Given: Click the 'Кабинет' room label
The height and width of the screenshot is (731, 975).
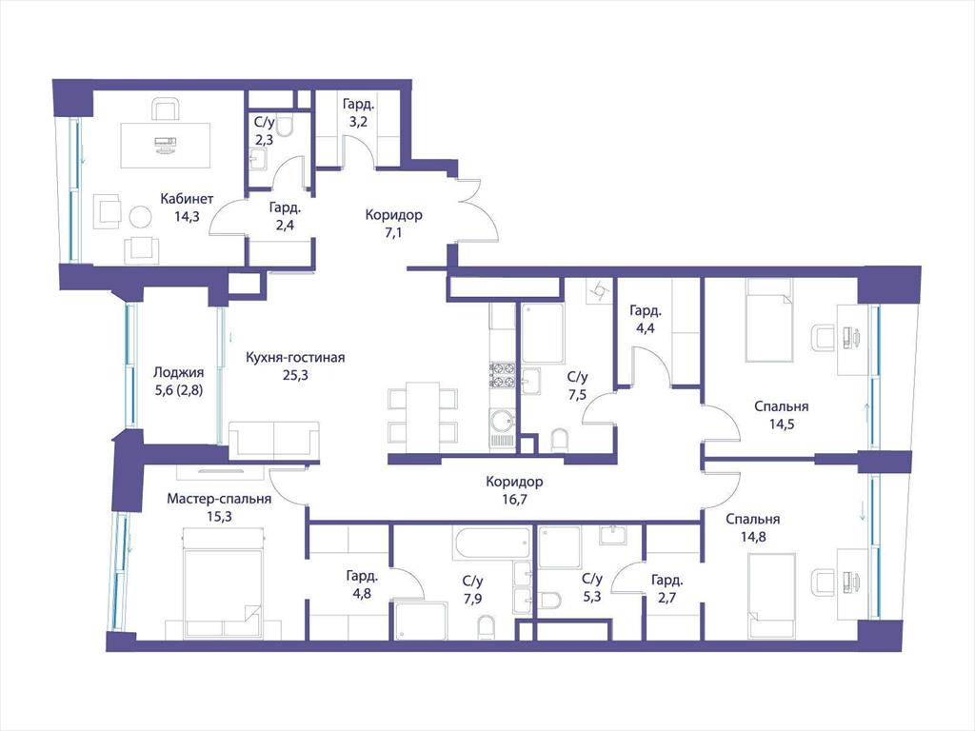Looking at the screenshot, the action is tap(187, 199).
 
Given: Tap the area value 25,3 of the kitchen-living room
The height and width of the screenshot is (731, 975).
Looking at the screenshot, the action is tap(295, 375).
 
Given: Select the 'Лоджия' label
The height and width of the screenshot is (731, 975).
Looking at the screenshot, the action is tap(178, 373).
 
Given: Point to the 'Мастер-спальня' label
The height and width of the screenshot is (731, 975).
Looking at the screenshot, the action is tap(219, 499).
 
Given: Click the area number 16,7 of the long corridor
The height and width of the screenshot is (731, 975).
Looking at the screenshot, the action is tap(514, 499).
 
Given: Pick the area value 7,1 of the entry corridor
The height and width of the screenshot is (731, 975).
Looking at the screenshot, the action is tap(393, 232).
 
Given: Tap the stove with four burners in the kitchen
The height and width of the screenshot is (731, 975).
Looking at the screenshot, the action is tap(501, 375).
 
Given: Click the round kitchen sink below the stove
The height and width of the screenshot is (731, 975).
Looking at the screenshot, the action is tap(501, 421).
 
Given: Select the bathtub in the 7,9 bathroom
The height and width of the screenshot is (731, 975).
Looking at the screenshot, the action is tap(492, 543).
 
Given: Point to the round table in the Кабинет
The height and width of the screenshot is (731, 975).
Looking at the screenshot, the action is tap(140, 218).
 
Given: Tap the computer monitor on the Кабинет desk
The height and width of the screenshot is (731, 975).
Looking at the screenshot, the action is tap(165, 142).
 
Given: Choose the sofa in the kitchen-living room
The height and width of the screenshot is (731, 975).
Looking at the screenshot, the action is tap(274, 440).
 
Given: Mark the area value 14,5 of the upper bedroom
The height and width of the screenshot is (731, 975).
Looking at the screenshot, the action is tap(782, 425).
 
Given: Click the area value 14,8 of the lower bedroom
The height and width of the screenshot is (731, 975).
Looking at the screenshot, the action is tap(753, 537).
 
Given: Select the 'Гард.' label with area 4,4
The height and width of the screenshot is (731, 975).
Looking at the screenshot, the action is tap(646, 310).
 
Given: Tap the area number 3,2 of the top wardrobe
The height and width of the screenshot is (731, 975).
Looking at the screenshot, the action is tap(358, 122).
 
